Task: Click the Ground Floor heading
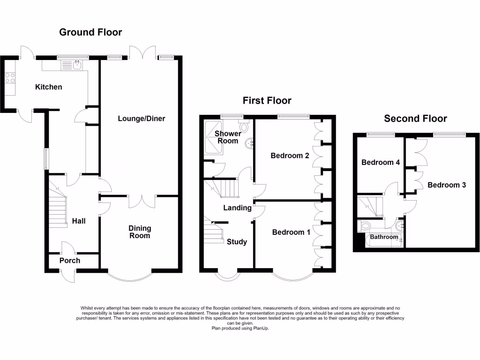[x=90, y=32]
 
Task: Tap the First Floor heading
[x=267, y=101]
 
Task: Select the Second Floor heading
[x=415, y=119]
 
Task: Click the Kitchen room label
[x=49, y=87]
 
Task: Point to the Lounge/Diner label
[x=141, y=119]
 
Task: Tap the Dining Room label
[x=140, y=232]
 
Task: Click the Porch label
[x=70, y=261]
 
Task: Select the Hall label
[x=79, y=221]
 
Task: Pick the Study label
[x=237, y=242]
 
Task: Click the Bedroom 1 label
[x=291, y=232]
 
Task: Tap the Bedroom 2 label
[x=290, y=156]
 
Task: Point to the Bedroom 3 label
[x=447, y=185]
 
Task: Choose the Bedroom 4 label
[x=380, y=163]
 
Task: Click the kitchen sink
[x=76, y=65]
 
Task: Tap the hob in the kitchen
[x=10, y=78]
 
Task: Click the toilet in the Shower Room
[x=244, y=126]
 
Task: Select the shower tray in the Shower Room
[x=214, y=137]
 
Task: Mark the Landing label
[x=237, y=208]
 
